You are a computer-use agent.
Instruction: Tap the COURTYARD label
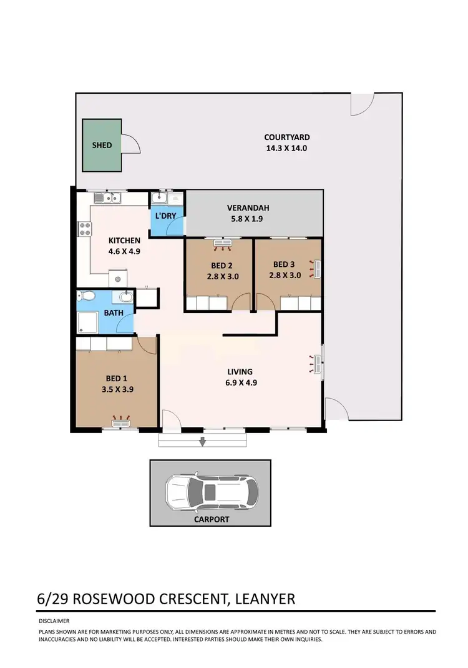[x=286, y=137]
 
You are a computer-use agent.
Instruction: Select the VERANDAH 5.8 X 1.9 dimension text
[x=248, y=220]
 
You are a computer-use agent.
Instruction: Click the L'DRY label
[x=165, y=216]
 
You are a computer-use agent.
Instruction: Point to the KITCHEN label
[x=125, y=241]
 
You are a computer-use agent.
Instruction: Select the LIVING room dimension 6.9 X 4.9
[x=240, y=383]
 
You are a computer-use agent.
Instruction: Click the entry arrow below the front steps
[x=202, y=443]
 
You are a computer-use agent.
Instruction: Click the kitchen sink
[x=107, y=199]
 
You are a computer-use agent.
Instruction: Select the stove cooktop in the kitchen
[x=83, y=229]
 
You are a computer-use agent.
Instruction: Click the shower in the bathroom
[x=85, y=323]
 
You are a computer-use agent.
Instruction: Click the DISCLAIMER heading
[x=54, y=621]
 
